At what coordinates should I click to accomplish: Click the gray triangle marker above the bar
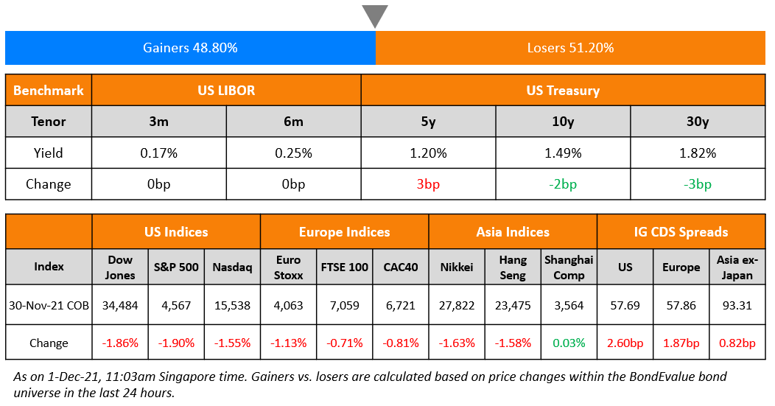375,15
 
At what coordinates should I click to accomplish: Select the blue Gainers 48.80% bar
190,48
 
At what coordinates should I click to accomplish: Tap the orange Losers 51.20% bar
570,48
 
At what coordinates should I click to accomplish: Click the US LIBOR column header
226,91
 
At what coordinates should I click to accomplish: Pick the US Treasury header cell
563,91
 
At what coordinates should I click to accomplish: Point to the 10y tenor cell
563,122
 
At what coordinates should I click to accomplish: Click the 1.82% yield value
698,153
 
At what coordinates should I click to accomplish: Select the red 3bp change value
428,184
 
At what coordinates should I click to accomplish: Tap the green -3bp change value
698,184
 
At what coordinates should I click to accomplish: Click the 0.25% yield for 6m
293,153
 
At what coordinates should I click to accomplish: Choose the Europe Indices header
344,232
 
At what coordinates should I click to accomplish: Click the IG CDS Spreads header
681,232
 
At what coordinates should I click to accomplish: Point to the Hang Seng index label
513,267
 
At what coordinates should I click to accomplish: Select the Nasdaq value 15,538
232,305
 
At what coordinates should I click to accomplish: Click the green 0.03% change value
569,343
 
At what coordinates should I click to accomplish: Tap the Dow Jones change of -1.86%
120,343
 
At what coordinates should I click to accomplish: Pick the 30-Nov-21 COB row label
49,305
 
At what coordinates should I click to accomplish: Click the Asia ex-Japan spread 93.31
737,305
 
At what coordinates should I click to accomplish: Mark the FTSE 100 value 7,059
344,305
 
